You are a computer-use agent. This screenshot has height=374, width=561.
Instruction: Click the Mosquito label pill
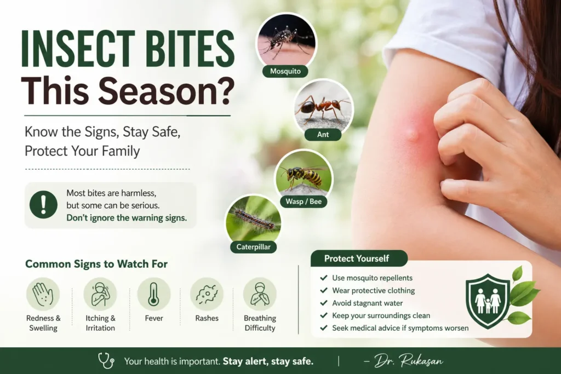click(285, 71)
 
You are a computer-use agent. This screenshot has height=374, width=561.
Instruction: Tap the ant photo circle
click(323, 107)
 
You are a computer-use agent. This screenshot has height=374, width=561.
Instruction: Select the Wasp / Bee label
click(303, 202)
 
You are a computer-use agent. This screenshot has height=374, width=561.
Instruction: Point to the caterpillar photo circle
click(254, 220)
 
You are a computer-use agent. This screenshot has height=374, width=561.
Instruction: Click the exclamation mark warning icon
click(43, 205)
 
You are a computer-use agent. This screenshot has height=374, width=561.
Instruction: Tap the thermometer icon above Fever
click(153, 294)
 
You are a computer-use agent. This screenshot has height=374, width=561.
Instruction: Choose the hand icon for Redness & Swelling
click(43, 294)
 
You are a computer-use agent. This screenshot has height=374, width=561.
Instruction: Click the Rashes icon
click(207, 294)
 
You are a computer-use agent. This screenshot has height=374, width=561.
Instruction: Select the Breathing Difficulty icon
click(260, 294)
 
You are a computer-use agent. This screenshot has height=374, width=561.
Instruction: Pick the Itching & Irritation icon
click(100, 294)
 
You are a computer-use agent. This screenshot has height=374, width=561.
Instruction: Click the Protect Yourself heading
click(356, 258)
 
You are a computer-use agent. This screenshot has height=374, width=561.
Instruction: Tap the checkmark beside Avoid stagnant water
click(324, 303)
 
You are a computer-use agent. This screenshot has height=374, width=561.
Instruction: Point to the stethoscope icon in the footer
click(106, 360)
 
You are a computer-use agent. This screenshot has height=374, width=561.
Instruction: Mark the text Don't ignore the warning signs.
click(127, 217)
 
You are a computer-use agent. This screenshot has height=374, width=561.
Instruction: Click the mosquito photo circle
click(286, 40)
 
